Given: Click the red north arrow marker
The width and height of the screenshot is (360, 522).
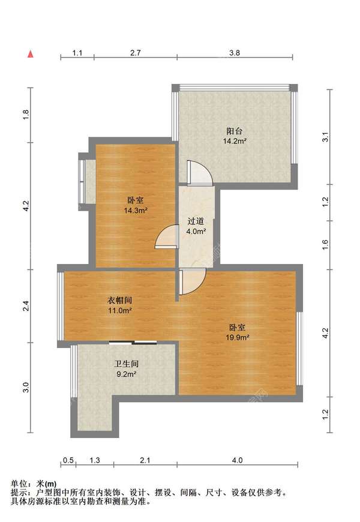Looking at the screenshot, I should point(29,53).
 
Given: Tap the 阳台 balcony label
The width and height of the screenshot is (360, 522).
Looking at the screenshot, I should point(234,131).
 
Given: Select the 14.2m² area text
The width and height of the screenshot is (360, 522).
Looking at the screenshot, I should point(234,142).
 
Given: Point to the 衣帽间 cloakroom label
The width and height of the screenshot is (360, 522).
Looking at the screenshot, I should point(119,300).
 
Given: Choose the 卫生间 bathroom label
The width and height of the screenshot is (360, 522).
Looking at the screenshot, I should point(127,364).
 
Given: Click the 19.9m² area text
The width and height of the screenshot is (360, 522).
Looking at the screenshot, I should point(238,337).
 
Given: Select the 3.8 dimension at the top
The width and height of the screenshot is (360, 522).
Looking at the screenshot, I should point(235,53).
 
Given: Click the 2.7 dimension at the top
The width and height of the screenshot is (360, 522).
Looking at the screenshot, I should point(136,53).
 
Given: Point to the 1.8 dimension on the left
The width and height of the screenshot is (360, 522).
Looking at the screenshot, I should point(25,115).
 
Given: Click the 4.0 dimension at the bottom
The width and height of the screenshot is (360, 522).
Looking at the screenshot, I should point(237,460).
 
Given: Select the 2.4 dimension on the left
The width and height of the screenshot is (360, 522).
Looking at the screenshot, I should point(25,306).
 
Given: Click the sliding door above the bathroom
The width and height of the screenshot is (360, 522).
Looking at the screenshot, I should point(133,343).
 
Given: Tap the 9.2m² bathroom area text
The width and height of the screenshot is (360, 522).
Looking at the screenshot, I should point(127,374).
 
